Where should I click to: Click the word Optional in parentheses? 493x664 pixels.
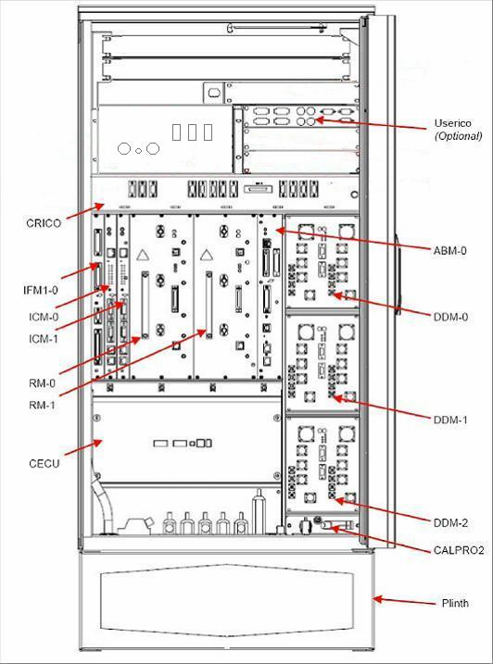coord(459,135)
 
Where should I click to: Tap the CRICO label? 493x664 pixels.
coord(44,224)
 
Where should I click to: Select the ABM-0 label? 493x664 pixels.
coord(450,250)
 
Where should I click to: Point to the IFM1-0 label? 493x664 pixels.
coord(41,291)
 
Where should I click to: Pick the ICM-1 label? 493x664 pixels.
coord(40,338)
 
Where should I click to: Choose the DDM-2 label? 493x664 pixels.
coord(450,521)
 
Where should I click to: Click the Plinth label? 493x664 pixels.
coord(454,604)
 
